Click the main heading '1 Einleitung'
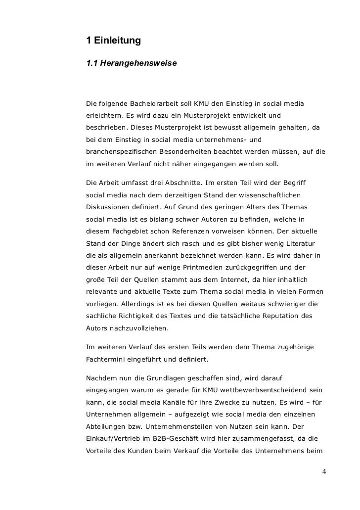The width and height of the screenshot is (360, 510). pos(113,40)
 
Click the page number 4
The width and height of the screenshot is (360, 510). pos(324,471)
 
